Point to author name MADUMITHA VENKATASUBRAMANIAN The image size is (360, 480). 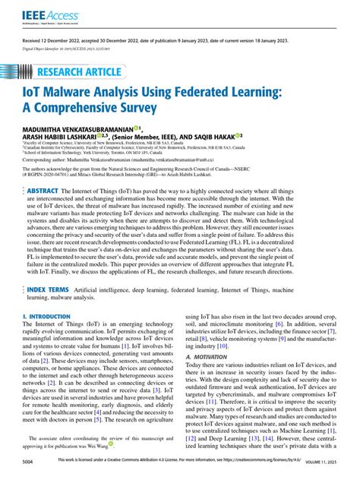[x=77, y=129]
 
